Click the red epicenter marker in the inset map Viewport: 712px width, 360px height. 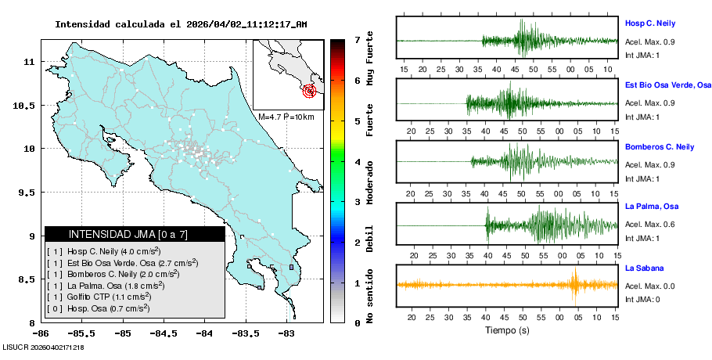(x=311, y=91)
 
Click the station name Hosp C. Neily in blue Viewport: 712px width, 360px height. (x=649, y=23)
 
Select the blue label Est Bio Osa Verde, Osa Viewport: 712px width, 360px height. (x=667, y=85)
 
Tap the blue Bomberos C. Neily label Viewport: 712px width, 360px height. (x=660, y=146)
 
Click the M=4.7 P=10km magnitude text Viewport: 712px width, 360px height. (x=286, y=117)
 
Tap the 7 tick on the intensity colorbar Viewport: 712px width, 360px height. (x=357, y=39)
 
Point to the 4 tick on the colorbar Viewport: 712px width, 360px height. (x=357, y=162)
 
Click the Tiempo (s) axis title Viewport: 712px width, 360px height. (x=507, y=330)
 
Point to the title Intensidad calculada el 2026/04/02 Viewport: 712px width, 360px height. (x=181, y=24)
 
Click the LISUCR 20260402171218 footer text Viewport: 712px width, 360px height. (x=44, y=347)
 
